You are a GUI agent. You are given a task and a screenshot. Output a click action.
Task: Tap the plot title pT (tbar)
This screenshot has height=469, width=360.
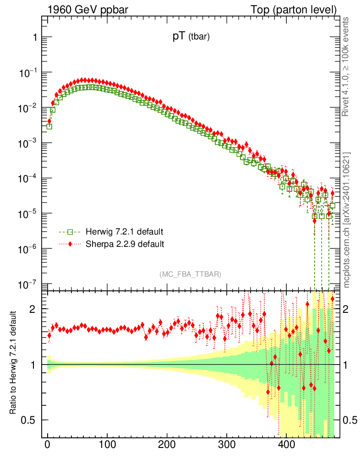[x=191, y=38]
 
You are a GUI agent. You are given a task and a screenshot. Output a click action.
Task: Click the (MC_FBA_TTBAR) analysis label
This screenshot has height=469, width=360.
[x=190, y=274]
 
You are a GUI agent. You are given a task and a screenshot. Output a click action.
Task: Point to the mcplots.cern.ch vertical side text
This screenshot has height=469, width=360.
[x=347, y=220]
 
